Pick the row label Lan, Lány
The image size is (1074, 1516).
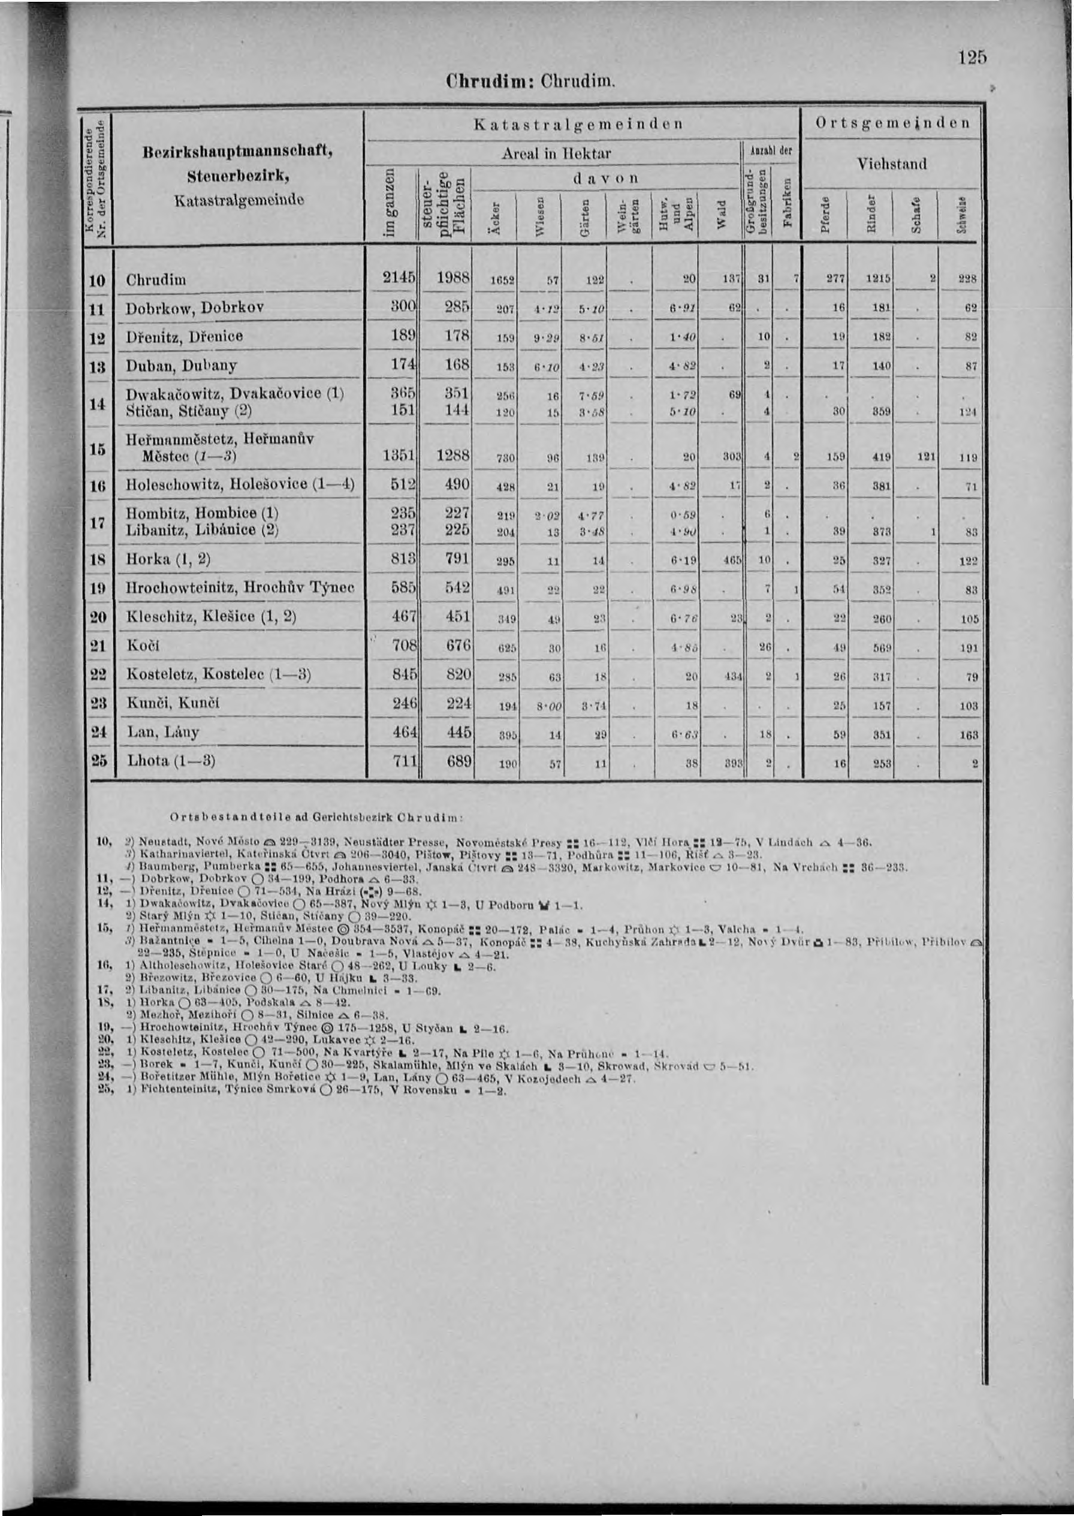[x=162, y=732]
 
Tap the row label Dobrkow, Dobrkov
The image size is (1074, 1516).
[x=194, y=308]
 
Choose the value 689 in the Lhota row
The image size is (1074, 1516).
[x=458, y=761]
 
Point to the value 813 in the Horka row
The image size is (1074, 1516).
[x=403, y=559]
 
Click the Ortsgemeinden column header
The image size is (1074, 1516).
[x=892, y=123]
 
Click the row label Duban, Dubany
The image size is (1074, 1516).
[x=180, y=365]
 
